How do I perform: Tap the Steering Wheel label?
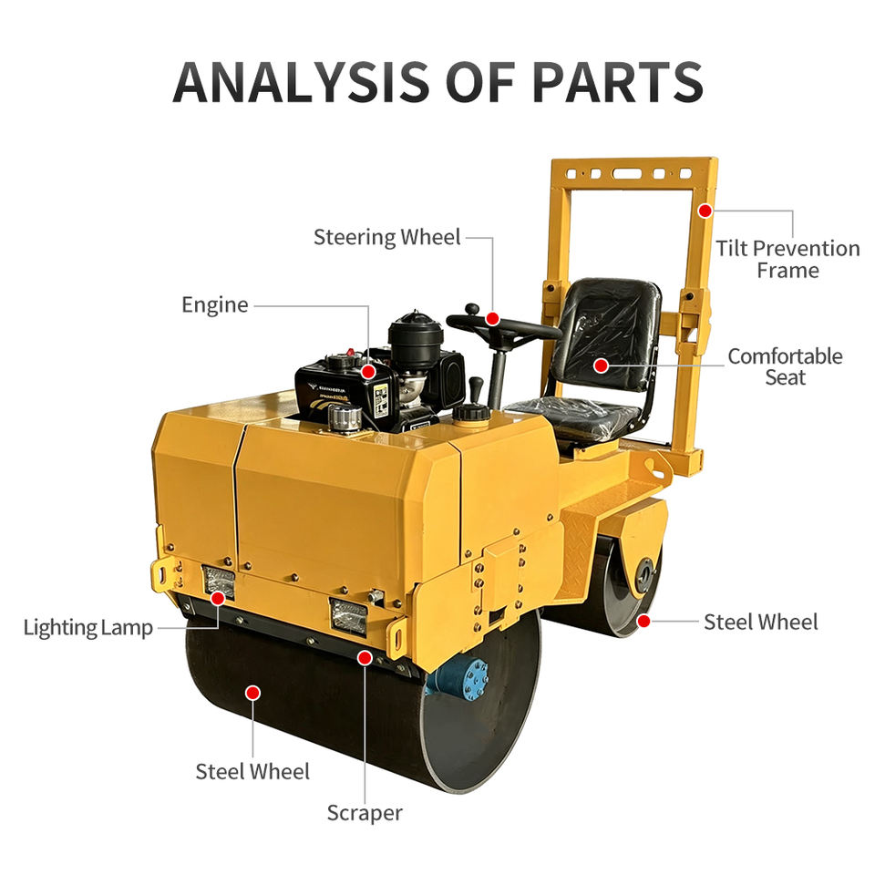[x=386, y=237]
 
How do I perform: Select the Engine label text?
[x=215, y=305]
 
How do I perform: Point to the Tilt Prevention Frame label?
[x=787, y=259]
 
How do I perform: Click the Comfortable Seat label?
[x=785, y=366]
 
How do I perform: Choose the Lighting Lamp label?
[x=88, y=628]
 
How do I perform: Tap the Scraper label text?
[x=365, y=813]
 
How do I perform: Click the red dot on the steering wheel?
[x=492, y=319]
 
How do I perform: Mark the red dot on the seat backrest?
[x=601, y=365]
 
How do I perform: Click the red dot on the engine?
[x=368, y=372]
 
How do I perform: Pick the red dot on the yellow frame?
[x=705, y=211]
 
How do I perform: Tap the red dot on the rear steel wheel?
[x=643, y=621]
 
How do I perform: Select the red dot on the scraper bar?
[x=365, y=658]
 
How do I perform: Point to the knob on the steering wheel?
[x=473, y=308]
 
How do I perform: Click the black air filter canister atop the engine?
[x=416, y=339]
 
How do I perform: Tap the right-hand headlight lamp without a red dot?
[x=348, y=617]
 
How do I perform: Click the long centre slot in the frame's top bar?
[x=627, y=173]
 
